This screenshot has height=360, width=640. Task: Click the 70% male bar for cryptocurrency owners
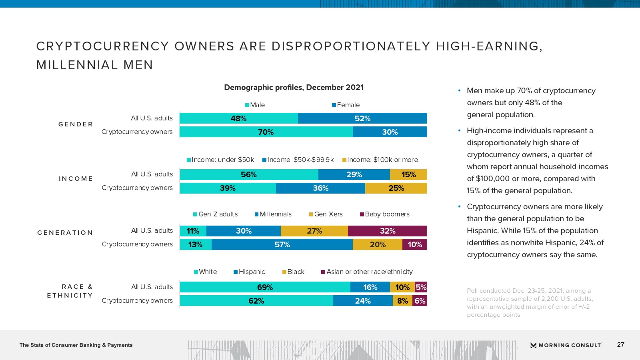(x=266, y=132)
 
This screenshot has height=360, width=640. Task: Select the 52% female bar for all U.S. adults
(x=362, y=118)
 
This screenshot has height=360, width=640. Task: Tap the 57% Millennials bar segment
(x=282, y=244)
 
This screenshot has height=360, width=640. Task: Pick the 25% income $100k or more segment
(x=396, y=188)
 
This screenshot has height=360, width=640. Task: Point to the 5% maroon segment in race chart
(x=421, y=287)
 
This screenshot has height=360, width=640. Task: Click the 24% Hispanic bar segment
(x=363, y=301)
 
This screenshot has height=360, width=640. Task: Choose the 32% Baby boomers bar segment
(x=388, y=231)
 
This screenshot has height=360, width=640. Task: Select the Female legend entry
(x=346, y=105)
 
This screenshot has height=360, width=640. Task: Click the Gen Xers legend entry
(x=326, y=214)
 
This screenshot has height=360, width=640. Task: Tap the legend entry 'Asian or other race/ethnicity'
(x=367, y=272)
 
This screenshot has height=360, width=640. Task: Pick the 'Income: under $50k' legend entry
(x=220, y=160)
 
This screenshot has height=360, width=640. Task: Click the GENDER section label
(x=76, y=124)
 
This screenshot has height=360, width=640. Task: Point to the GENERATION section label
(x=65, y=232)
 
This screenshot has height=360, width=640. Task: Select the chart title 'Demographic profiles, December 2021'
(x=294, y=88)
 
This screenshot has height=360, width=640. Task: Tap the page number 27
(x=620, y=344)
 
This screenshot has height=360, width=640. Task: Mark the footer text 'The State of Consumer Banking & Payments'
(x=76, y=345)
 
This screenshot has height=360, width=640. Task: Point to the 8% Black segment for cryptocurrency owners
(x=402, y=301)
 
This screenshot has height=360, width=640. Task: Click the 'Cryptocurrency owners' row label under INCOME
(x=137, y=188)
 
